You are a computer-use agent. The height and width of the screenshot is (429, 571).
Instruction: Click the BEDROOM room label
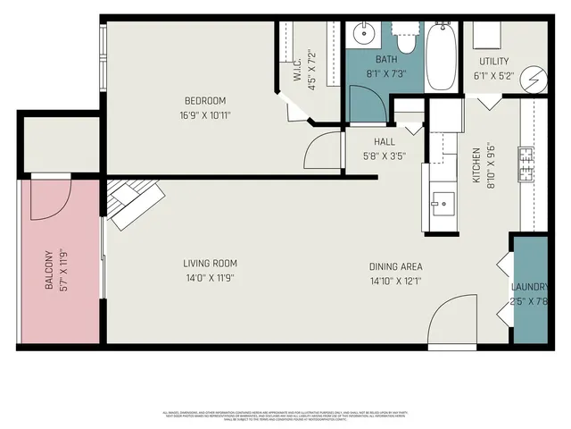(205, 100)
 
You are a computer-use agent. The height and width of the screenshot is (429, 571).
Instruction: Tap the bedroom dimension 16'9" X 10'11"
(205, 114)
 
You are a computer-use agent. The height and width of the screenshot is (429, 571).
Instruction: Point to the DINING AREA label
(396, 266)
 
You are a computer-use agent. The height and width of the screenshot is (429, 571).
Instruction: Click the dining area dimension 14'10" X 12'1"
(396, 281)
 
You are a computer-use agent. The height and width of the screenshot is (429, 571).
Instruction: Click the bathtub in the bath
(441, 56)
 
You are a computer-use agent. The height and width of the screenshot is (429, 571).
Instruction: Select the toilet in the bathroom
(406, 41)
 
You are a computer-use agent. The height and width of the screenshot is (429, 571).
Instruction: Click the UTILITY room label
(493, 61)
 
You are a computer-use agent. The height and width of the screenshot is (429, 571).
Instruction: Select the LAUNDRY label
(529, 287)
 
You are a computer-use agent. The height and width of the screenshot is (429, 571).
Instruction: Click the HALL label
(385, 141)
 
